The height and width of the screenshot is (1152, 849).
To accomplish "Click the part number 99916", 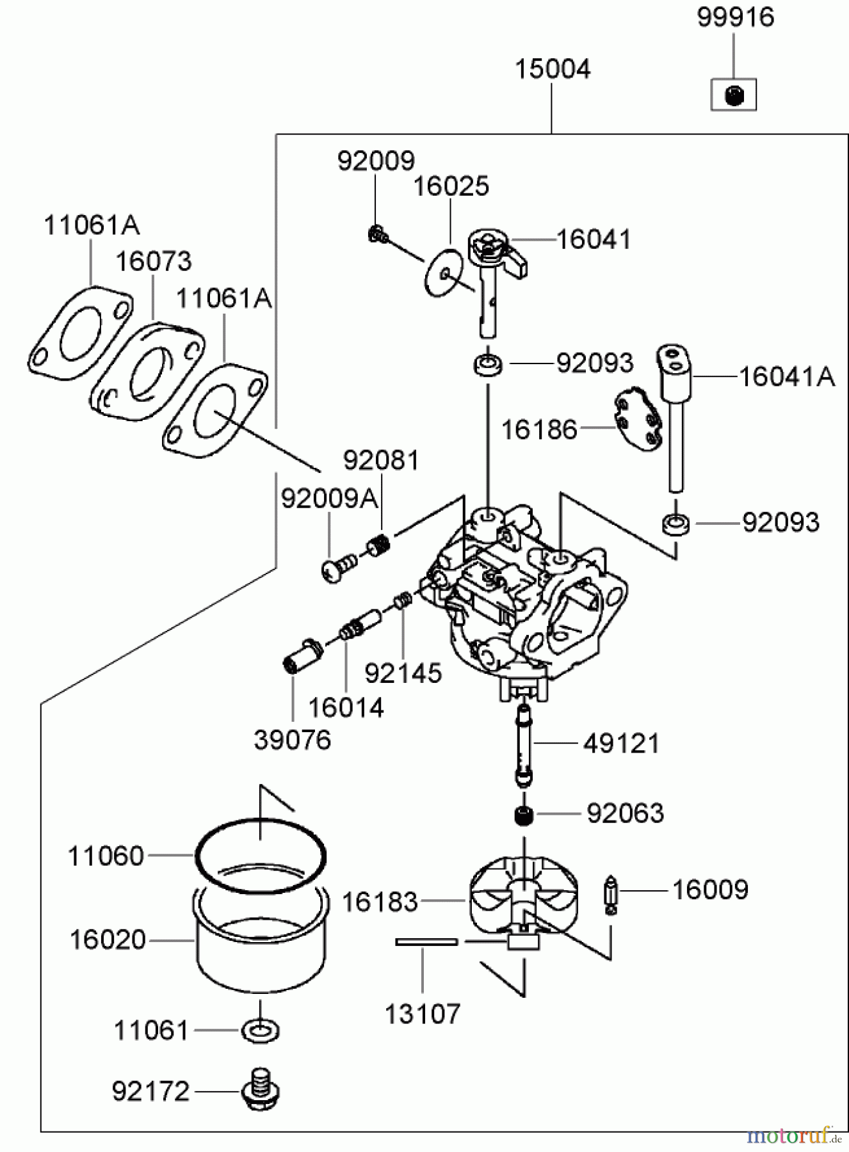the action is (736, 18).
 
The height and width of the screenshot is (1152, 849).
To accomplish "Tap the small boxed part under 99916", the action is (734, 95).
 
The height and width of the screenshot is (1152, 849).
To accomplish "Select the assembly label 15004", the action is (553, 69).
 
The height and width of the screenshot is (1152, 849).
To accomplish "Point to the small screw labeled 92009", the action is (378, 234).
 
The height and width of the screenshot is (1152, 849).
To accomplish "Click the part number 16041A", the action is (787, 376).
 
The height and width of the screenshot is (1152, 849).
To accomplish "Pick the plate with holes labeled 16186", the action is (638, 419).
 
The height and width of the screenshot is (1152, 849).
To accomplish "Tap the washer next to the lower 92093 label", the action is (675, 523).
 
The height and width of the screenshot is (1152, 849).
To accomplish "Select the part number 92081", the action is (381, 460).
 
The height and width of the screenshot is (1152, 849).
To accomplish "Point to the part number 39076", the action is (293, 740).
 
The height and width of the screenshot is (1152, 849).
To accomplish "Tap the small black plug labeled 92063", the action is (524, 815).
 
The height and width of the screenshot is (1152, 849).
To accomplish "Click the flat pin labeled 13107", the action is (426, 941).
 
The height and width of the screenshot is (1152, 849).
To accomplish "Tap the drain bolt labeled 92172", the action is (261, 1090).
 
